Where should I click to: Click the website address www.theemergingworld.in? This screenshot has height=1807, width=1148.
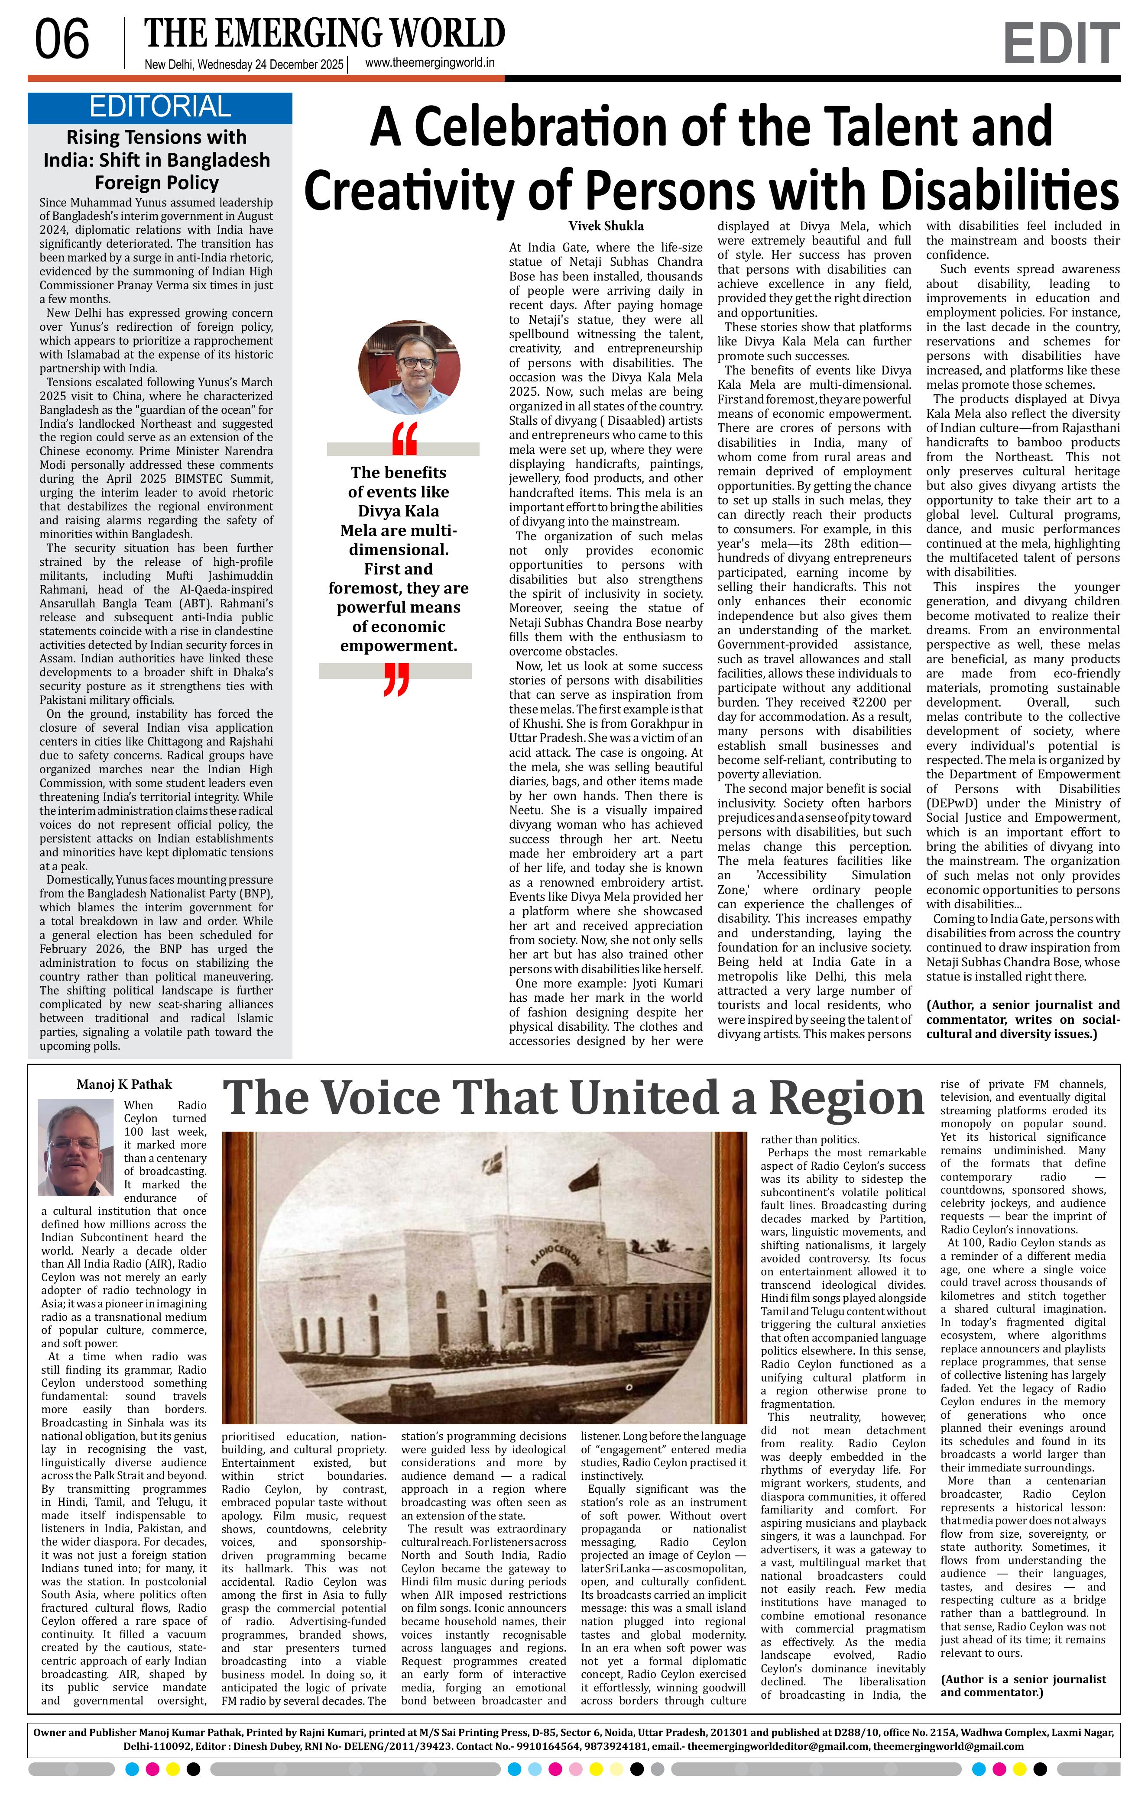coord(429,63)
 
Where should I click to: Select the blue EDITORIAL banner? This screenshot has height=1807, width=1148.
coord(160,107)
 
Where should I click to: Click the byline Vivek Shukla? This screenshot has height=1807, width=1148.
coord(605,226)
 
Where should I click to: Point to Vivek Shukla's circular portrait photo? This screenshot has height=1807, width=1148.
coord(409,368)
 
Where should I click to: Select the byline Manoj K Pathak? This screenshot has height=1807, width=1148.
coord(124,1084)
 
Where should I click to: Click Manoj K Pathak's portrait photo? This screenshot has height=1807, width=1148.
coord(76,1148)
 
